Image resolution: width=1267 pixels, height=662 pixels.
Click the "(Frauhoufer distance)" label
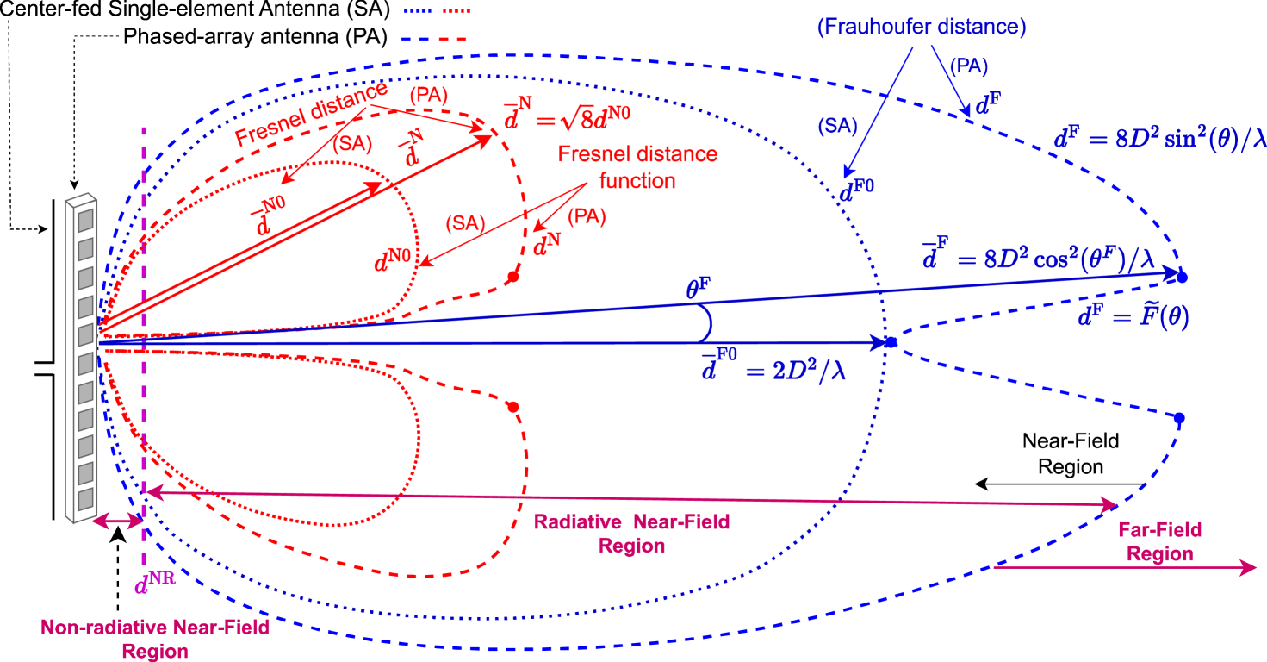[922, 28]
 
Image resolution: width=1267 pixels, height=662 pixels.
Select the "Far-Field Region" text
[1159, 541]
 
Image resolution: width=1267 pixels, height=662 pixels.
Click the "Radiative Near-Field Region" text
[632, 534]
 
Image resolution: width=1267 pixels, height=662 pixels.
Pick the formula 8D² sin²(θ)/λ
[1158, 139]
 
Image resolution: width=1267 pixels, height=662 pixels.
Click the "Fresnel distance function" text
[637, 168]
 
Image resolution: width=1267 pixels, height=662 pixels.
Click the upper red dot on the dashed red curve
[513, 277]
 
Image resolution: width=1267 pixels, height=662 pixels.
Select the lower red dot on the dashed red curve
[513, 406]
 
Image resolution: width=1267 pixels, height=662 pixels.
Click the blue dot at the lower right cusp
[1179, 418]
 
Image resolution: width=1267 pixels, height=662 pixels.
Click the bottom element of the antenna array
[84, 499]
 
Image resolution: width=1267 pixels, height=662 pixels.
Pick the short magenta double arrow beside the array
[119, 521]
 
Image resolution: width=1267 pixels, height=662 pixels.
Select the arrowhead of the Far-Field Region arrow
[1249, 567]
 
